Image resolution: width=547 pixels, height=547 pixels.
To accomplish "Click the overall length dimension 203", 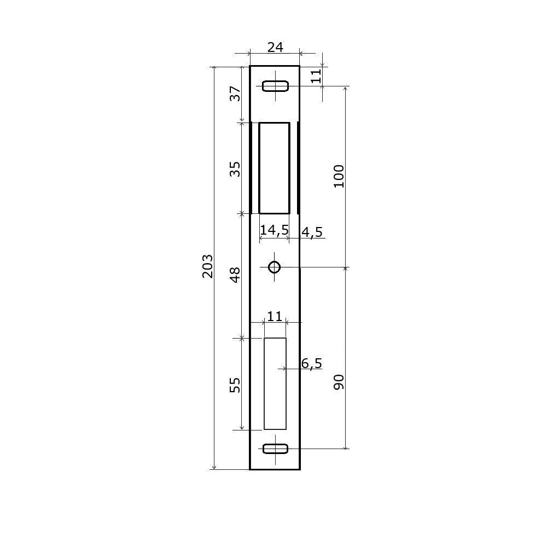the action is [x=207, y=266].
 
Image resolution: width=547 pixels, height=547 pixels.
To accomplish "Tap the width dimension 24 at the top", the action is [x=275, y=47].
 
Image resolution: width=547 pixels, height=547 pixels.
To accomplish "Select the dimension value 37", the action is [x=235, y=94].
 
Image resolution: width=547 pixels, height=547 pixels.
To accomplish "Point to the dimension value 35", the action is [x=235, y=169].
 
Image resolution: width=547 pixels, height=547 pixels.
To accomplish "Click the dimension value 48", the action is [x=235, y=275].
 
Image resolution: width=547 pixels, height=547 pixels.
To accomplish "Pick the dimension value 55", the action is [x=235, y=385].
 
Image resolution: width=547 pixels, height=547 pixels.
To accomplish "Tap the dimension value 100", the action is [x=339, y=176].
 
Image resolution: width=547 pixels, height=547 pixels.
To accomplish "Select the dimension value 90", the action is [x=339, y=382].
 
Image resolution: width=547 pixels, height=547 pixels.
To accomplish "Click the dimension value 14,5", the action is [x=275, y=230].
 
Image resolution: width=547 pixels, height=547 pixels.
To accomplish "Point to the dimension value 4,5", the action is [x=312, y=232].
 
